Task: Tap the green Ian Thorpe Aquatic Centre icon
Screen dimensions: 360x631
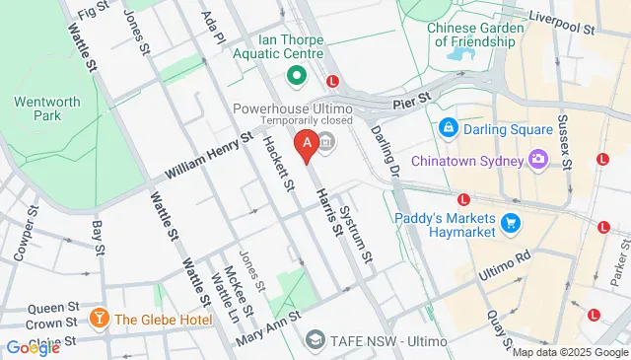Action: click(294, 76)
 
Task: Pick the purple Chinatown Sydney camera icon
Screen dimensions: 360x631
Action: click(538, 159)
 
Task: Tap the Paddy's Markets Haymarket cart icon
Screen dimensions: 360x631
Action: click(510, 224)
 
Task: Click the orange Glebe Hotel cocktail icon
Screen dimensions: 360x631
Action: click(99, 319)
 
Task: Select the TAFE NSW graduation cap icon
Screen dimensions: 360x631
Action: click(315, 339)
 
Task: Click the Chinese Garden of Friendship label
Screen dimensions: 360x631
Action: click(472, 35)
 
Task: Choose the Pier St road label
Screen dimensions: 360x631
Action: click(412, 100)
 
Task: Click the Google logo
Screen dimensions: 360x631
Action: click(33, 346)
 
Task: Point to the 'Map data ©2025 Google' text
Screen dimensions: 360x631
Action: click(568, 352)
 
